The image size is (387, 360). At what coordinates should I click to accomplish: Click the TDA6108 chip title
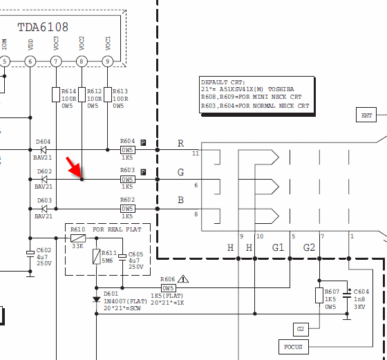pyautogui.click(x=43, y=27)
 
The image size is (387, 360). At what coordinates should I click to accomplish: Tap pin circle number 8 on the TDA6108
pyautogui.click(x=82, y=61)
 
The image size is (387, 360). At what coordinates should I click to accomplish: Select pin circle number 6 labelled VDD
pyautogui.click(x=30, y=61)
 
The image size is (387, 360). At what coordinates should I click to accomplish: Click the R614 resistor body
pyautogui.click(x=56, y=95)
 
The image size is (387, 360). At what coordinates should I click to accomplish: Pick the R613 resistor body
pyautogui.click(x=108, y=95)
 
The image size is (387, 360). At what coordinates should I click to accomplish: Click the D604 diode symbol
pyautogui.click(x=44, y=149)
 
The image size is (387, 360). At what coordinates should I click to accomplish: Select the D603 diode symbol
pyautogui.click(x=44, y=209)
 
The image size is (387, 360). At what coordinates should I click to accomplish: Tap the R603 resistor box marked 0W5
pyautogui.click(x=128, y=180)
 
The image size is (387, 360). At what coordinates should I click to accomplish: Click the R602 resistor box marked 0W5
pyautogui.click(x=128, y=209)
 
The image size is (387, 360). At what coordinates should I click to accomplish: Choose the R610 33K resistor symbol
pyautogui.click(x=78, y=238)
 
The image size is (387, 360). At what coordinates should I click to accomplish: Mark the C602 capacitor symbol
pyautogui.click(x=30, y=254)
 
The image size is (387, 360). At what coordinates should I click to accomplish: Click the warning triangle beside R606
pyautogui.click(x=183, y=279)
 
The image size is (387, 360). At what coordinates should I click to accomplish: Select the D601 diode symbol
pyautogui.click(x=97, y=299)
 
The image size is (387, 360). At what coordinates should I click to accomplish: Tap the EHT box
pyautogui.click(x=366, y=115)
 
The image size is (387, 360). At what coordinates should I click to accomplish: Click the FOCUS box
pyautogui.click(x=294, y=347)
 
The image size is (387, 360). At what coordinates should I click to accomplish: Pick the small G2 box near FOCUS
pyautogui.click(x=301, y=329)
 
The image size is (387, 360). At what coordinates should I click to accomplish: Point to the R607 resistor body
pyautogui.click(x=319, y=295)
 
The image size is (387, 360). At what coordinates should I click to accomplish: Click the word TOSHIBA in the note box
pyautogui.click(x=281, y=89)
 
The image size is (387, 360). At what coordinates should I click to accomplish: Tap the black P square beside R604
pyautogui.click(x=143, y=142)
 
